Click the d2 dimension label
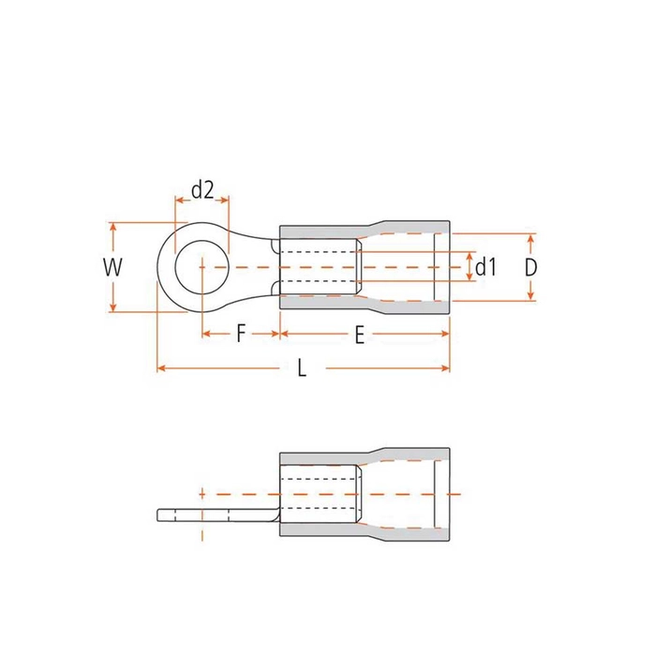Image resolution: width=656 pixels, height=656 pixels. (202, 190)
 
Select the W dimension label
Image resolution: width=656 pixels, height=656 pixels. (112, 267)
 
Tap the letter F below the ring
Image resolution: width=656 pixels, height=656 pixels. (241, 334)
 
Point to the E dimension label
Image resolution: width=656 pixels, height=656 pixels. (360, 335)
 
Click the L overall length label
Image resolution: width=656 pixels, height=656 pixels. (302, 368)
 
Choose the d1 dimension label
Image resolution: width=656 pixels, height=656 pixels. (485, 266)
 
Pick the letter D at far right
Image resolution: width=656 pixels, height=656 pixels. (530, 267)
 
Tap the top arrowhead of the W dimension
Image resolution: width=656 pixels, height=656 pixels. (112, 227)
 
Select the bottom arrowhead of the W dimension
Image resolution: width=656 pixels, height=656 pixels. (112, 307)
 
